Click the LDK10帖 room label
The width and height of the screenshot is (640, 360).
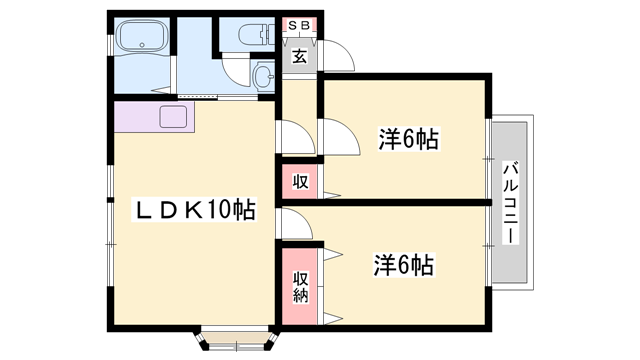pyautogui.click(x=193, y=209)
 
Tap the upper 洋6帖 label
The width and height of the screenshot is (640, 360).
pyautogui.click(x=409, y=139)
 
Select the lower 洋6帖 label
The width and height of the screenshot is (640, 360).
pyautogui.click(x=404, y=264)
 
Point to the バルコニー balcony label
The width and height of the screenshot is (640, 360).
pyautogui.click(x=510, y=203)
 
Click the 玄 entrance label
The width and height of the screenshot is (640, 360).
pyautogui.click(x=300, y=56)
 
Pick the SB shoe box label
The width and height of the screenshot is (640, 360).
pyautogui.click(x=300, y=25)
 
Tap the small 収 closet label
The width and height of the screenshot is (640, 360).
pyautogui.click(x=300, y=182)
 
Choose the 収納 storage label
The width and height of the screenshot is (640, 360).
pyautogui.click(x=300, y=287)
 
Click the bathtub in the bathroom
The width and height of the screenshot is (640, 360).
pyautogui.click(x=142, y=36)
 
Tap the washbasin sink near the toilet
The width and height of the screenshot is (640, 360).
pyautogui.click(x=264, y=75)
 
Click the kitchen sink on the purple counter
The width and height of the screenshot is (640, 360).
pyautogui.click(x=173, y=117)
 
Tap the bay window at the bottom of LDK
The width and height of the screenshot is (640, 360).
pyautogui.click(x=238, y=338)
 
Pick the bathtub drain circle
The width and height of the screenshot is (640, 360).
pyautogui.click(x=142, y=45)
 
